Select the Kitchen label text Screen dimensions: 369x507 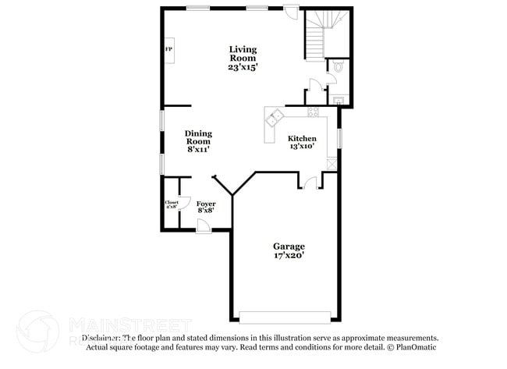click(x=302, y=139)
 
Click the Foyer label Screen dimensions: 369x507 click(x=206, y=204)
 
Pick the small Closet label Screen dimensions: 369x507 click(x=171, y=203)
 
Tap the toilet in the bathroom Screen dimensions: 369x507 click(x=338, y=68)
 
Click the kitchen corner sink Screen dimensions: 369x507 click(x=275, y=119)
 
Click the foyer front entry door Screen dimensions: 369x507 click(x=203, y=225)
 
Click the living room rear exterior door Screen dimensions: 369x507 click(x=290, y=13)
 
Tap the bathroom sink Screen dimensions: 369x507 click(x=337, y=100)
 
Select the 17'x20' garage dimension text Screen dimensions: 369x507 click(x=289, y=255)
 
